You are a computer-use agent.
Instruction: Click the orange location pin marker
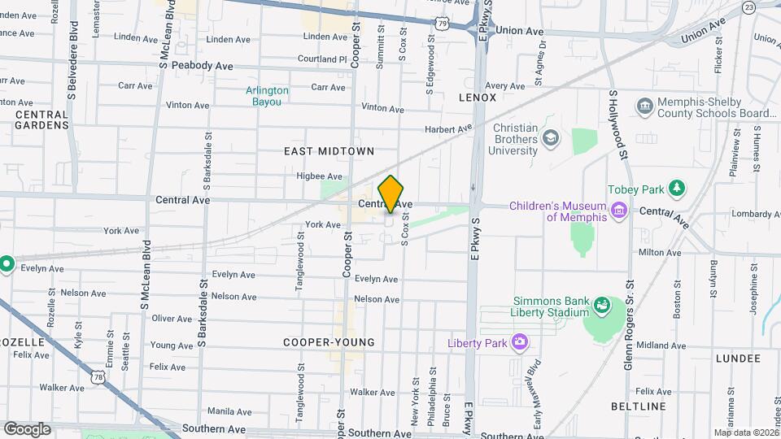point(391,193)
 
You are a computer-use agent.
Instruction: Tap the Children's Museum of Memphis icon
point(620,211)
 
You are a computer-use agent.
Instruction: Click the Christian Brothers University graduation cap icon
point(552,139)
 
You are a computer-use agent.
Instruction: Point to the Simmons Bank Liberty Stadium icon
point(602,306)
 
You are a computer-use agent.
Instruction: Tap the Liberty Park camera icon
point(517,342)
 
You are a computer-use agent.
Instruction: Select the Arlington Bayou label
point(268,96)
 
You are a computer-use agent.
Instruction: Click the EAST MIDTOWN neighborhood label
point(329,151)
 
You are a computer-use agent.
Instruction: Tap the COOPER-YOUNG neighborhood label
point(329,343)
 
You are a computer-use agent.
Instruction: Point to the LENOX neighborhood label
point(478,98)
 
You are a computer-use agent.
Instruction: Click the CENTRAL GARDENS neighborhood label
point(41,120)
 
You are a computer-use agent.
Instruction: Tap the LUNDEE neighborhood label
point(737,358)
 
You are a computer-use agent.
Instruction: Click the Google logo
point(27,428)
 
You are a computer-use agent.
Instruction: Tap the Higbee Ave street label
point(319,176)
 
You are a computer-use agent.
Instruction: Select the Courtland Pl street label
point(322,59)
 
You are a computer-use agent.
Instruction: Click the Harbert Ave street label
point(448,129)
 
